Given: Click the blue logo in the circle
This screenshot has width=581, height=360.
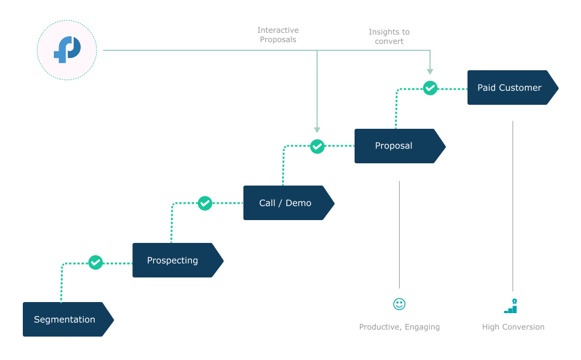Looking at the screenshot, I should point(67,50).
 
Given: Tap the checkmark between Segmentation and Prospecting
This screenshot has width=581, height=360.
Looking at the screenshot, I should point(95,262).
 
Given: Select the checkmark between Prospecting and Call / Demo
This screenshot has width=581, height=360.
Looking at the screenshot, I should point(205,203).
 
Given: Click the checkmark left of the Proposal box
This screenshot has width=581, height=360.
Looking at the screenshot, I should point(317,146).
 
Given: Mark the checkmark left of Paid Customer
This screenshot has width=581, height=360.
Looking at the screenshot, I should point(430,88).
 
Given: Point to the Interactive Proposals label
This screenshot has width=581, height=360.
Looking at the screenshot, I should point(278,35).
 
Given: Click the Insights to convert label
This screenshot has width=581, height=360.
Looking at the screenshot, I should point(389,37).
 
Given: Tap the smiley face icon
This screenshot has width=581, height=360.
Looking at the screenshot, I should point(399,304).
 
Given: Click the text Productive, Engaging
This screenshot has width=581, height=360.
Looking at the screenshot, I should point(399,327).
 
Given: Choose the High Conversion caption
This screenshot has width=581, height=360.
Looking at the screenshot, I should point(513,327).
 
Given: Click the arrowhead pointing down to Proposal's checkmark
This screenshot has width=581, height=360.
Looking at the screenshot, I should point(317,129).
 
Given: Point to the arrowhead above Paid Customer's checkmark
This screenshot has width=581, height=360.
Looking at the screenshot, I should point(430,71).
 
